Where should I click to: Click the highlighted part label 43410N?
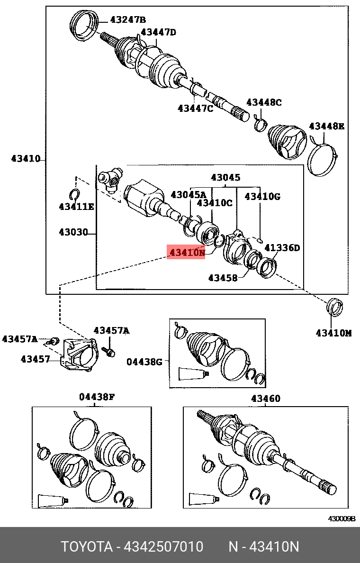pos(187,253)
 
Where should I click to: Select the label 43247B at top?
pos(128,19)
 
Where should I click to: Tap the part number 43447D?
pos(158,32)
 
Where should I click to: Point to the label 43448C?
pos(264,102)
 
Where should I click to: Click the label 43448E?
pos(326,126)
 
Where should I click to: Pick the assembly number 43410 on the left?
pos(26,159)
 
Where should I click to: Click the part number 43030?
pos(73,232)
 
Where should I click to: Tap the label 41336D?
pos(282,248)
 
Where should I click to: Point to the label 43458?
pos(223,278)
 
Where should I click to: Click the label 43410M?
pos(333,333)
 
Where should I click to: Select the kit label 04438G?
pos(144,362)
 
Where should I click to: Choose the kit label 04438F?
pos(97,397)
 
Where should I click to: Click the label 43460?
pos(265,399)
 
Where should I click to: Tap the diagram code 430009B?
pos(342,518)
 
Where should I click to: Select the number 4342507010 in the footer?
pos(163,547)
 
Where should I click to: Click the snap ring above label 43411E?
pos(74,193)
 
